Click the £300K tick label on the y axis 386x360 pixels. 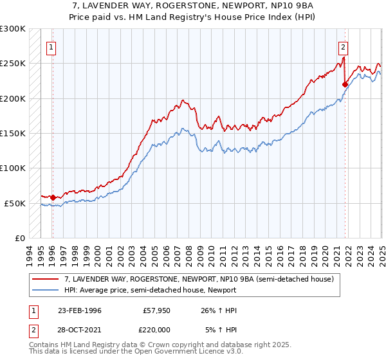[13, 29]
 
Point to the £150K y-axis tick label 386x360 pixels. [13, 134]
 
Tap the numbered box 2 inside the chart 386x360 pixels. [344, 46]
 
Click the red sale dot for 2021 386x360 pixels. [345, 84]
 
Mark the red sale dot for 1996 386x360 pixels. [52, 197]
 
